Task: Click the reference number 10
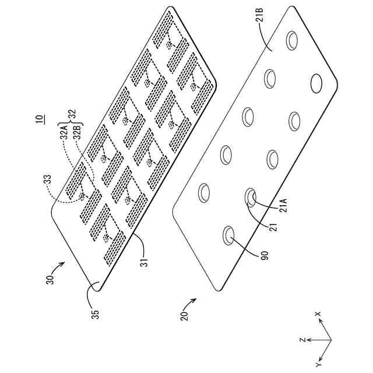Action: pos(38,121)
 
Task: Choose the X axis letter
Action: pos(318,315)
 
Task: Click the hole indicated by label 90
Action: pos(229,235)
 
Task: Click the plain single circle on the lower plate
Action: pos(318,84)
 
